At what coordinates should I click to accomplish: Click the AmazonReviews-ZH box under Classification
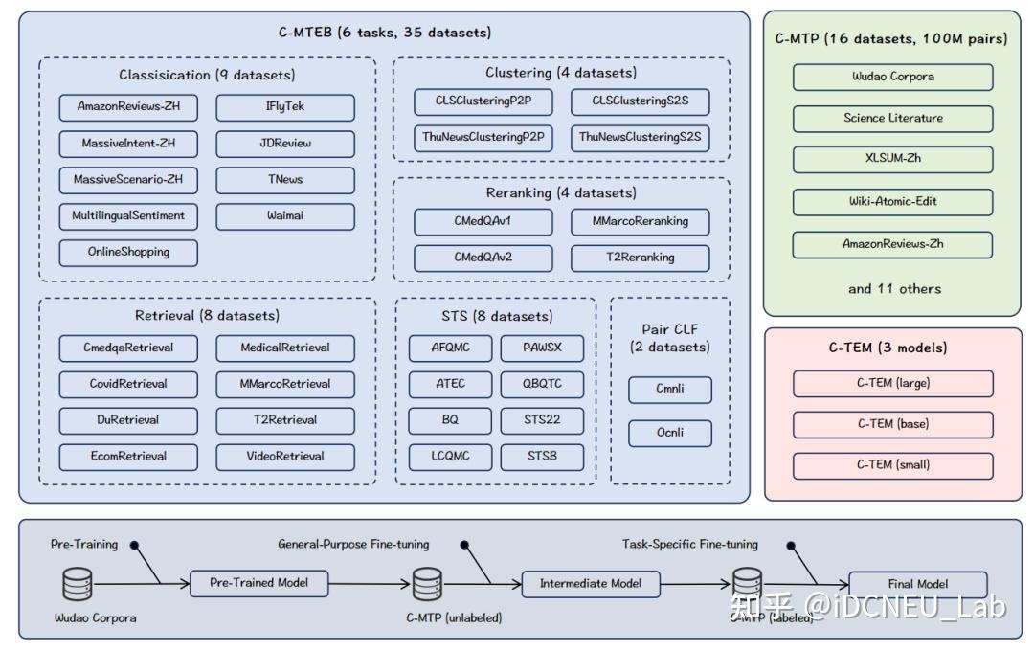point(128,107)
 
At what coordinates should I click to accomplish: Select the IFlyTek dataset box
point(285,107)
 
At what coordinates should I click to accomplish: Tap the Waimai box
point(285,216)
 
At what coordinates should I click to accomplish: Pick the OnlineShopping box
point(128,253)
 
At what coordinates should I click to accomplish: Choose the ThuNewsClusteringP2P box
point(483,138)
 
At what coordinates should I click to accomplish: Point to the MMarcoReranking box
point(641,222)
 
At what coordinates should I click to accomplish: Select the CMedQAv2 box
point(483,258)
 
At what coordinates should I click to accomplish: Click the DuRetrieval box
point(128,420)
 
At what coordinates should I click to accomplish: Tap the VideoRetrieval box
point(285,457)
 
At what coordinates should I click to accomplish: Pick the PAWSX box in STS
point(543,348)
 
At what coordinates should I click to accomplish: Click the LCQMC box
point(451,457)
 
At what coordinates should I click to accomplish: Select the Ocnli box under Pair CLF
point(670,433)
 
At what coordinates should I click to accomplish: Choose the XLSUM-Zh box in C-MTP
point(892,160)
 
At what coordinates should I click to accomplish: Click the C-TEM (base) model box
point(892,424)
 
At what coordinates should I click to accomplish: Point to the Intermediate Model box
point(591,583)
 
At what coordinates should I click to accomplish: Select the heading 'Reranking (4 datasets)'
point(561,193)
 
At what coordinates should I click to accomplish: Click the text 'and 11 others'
point(894,289)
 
